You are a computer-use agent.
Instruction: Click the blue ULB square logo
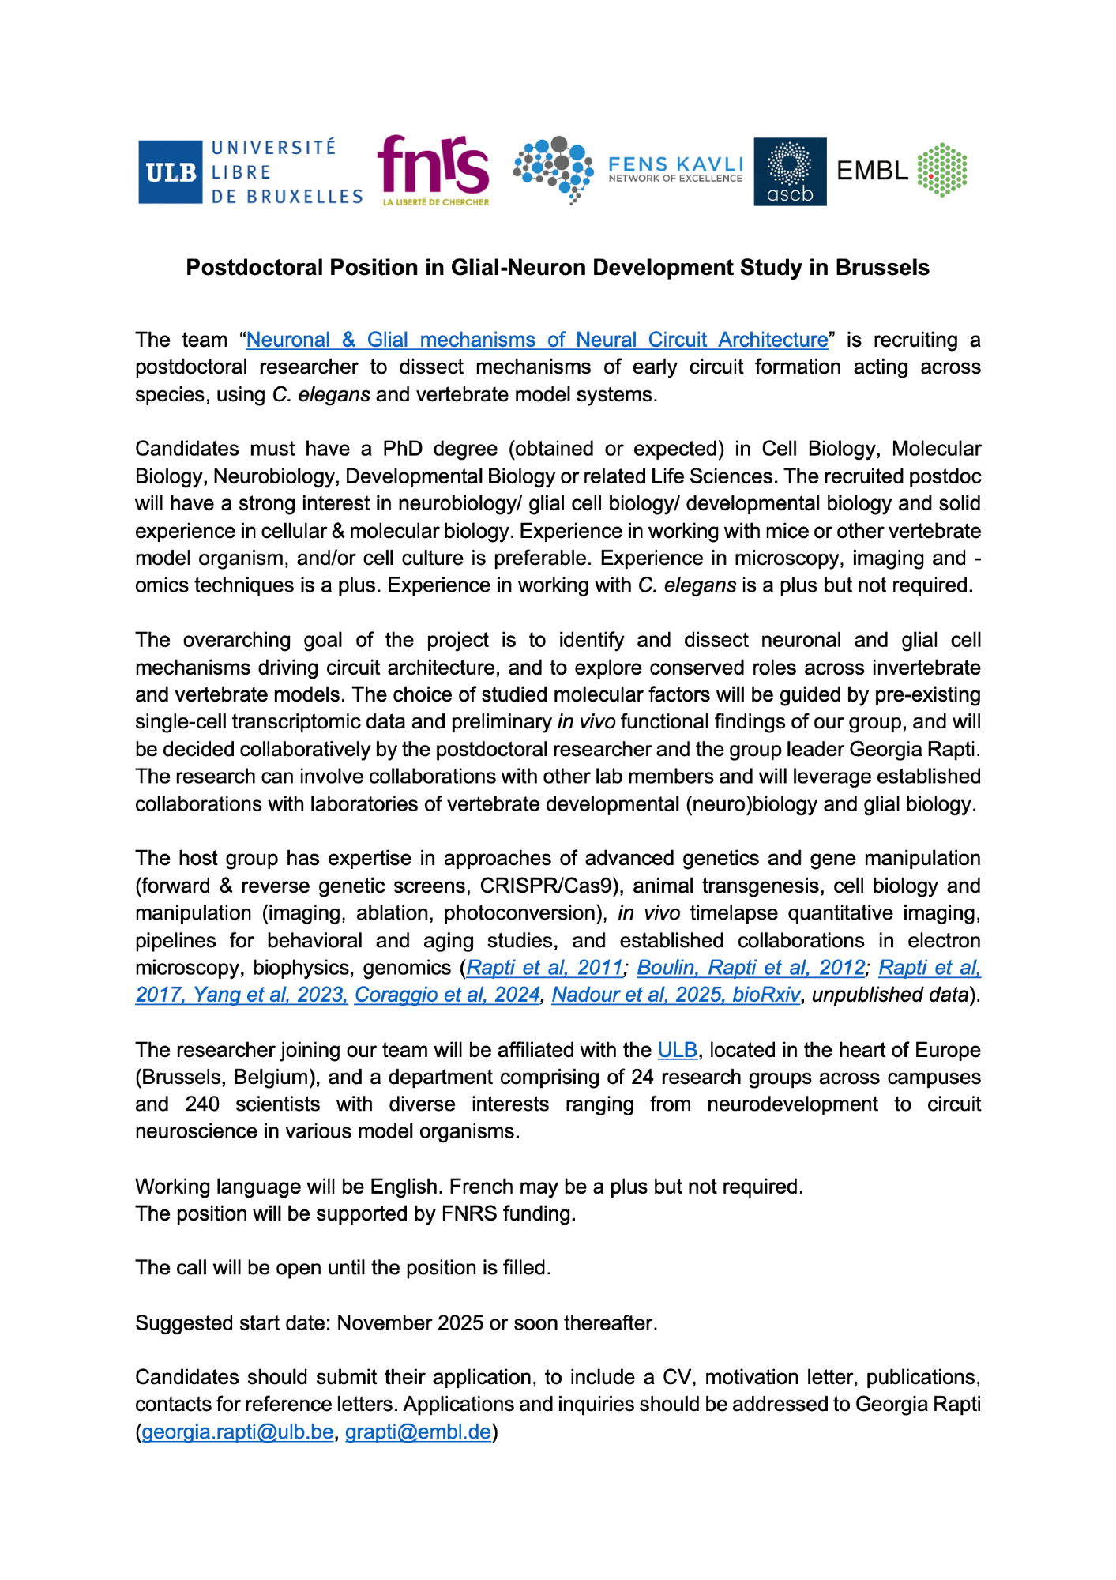tap(171, 172)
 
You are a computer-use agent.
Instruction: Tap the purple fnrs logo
tap(433, 167)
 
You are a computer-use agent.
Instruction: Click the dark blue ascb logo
tap(790, 171)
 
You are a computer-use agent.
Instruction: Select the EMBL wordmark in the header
tap(872, 171)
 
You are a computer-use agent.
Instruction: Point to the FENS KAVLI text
tap(675, 164)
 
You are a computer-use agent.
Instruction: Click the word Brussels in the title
tap(882, 268)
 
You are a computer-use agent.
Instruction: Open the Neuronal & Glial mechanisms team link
tap(537, 340)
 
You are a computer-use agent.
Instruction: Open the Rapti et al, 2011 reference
tap(544, 968)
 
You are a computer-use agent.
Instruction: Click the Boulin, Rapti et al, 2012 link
tap(750, 968)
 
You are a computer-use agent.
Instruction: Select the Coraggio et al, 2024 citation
tap(447, 995)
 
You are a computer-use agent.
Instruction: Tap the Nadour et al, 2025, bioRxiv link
tap(675, 995)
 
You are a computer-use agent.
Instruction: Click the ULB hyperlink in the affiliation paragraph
tap(677, 1050)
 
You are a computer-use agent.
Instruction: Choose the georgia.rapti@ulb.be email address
tap(237, 1431)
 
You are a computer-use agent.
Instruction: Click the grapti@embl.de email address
tap(418, 1431)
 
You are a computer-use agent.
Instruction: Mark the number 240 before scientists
tap(202, 1104)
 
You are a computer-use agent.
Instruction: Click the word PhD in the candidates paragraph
tap(402, 449)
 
